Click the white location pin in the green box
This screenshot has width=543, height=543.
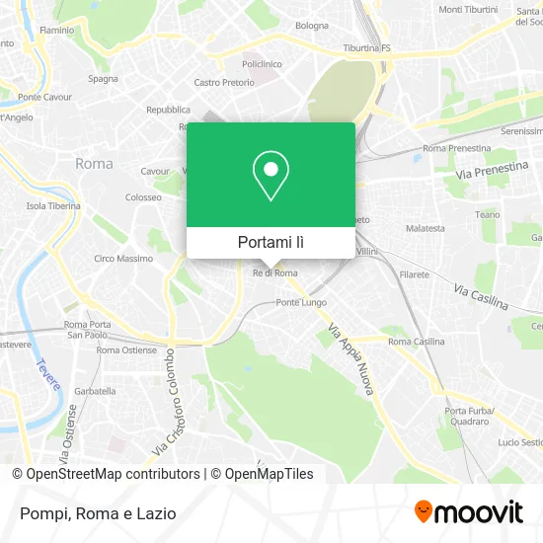(271, 176)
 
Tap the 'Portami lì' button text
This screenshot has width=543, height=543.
(271, 242)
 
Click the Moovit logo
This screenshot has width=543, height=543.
(468, 512)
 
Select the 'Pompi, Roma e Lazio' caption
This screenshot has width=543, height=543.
(95, 513)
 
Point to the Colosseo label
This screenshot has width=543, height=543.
(143, 197)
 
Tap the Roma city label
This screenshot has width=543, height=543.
(94, 163)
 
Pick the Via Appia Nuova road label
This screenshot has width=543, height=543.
(353, 361)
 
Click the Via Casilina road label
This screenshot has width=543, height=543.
(480, 295)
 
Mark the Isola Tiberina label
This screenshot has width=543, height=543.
(50, 205)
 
